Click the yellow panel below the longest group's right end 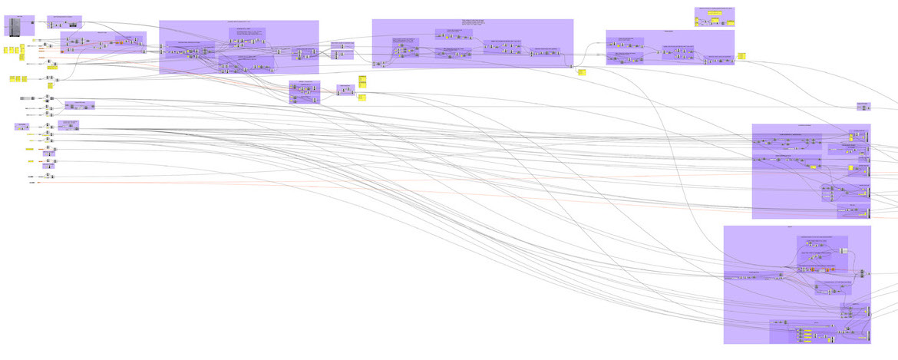(x=582, y=72)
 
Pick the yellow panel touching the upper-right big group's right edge (x=741, y=55)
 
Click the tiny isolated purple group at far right (x=863, y=107)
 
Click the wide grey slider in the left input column (x=26, y=98)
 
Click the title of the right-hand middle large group (x=811, y=126)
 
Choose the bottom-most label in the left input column (x=32, y=183)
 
